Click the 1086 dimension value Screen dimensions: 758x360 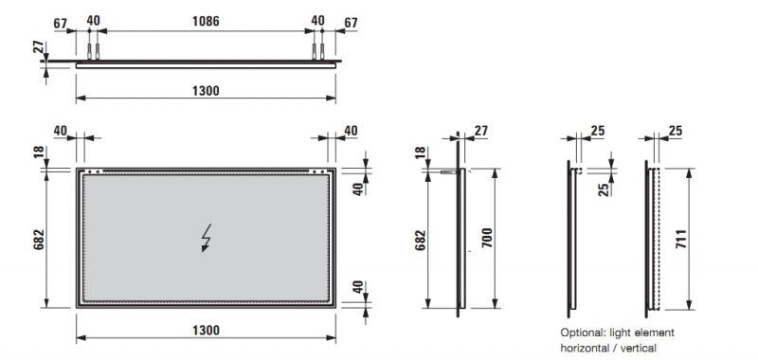206,21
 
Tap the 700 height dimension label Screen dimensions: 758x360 487,238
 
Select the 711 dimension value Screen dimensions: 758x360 680,239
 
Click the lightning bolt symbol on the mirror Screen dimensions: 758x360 207,238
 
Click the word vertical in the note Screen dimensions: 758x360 639,348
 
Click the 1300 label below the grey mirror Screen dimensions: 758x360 206,331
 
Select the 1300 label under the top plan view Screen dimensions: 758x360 206,91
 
